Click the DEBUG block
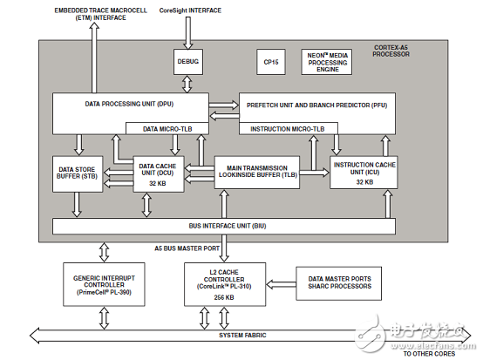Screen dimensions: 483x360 [x=188, y=62]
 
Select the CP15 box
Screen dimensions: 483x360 [x=271, y=62]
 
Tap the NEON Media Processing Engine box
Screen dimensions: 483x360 [x=327, y=62]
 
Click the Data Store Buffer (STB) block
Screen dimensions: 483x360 [x=78, y=174]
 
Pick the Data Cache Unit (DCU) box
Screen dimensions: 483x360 [x=159, y=174]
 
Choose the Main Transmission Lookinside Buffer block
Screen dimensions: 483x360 [x=257, y=172]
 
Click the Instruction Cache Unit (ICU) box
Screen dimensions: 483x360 [x=364, y=172]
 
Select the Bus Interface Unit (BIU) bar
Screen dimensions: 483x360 [x=224, y=226]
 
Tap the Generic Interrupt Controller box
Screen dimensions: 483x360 [x=104, y=284]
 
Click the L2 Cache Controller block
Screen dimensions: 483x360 [x=225, y=284]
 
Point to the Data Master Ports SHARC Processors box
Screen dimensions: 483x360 [x=339, y=283]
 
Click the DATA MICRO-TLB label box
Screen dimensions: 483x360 [x=167, y=129]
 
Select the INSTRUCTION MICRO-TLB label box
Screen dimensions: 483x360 [x=289, y=129]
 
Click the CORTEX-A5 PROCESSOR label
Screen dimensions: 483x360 [x=391, y=51]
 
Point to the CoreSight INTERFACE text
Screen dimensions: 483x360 [x=190, y=10]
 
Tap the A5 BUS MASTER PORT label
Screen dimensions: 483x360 [x=187, y=248]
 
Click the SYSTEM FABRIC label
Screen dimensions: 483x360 [x=242, y=335]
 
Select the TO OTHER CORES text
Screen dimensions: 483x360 [x=430, y=354]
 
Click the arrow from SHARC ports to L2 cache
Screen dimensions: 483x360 [x=281, y=284]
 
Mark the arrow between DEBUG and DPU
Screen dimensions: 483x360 [x=187, y=84]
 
